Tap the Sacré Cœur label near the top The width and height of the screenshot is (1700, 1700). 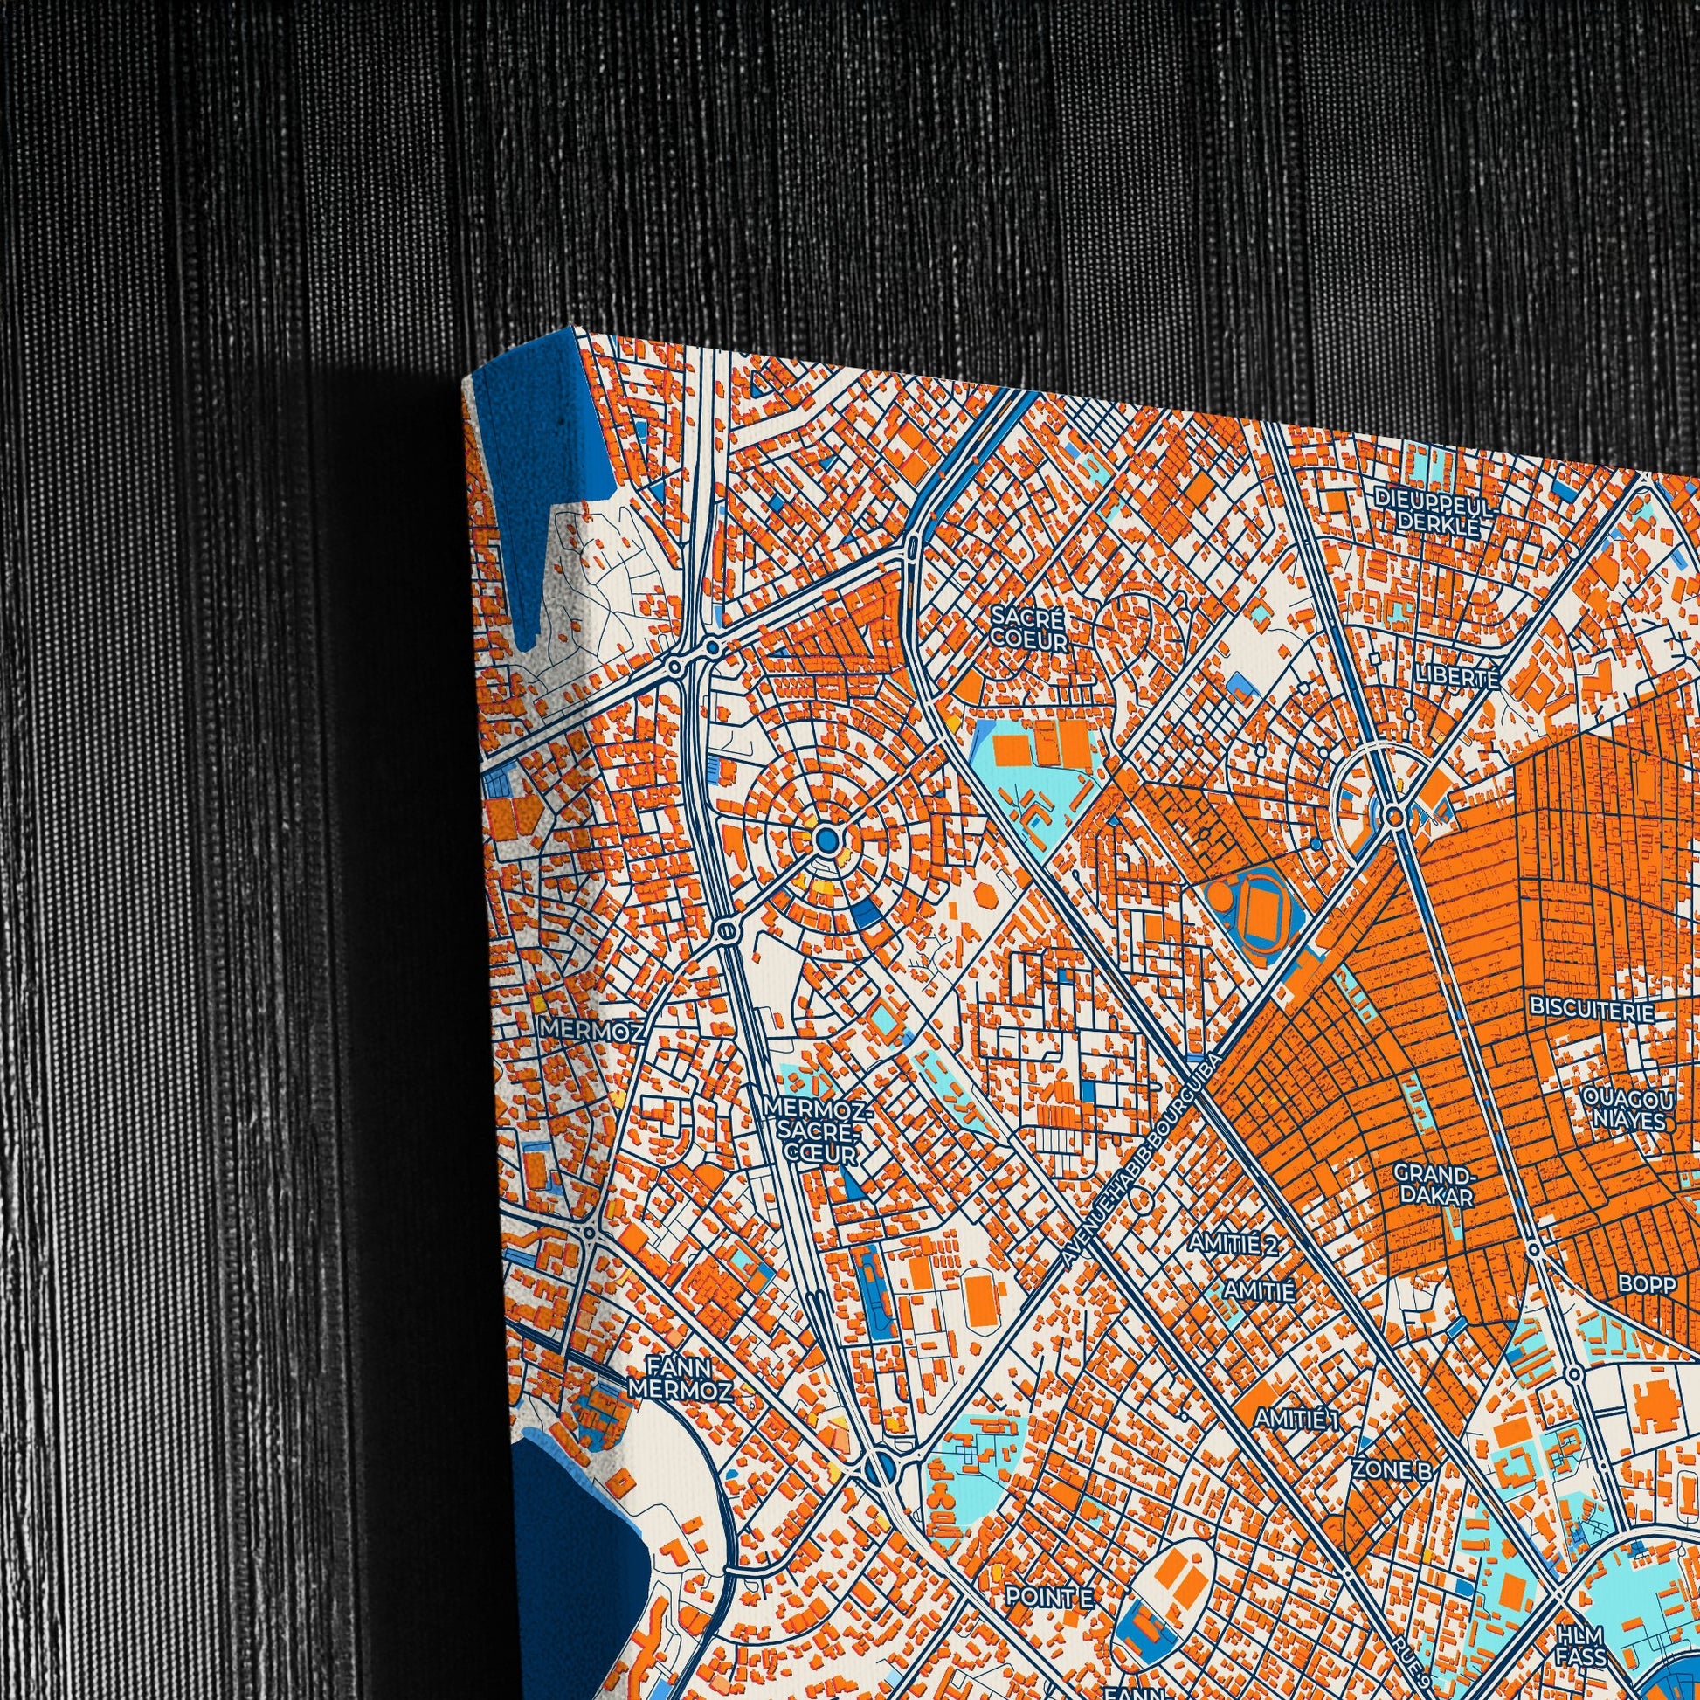click(x=1026, y=628)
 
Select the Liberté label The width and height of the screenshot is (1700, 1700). click(x=1455, y=677)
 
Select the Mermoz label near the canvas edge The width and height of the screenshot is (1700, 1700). click(x=592, y=1028)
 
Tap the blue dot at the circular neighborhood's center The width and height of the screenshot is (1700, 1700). click(x=826, y=840)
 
